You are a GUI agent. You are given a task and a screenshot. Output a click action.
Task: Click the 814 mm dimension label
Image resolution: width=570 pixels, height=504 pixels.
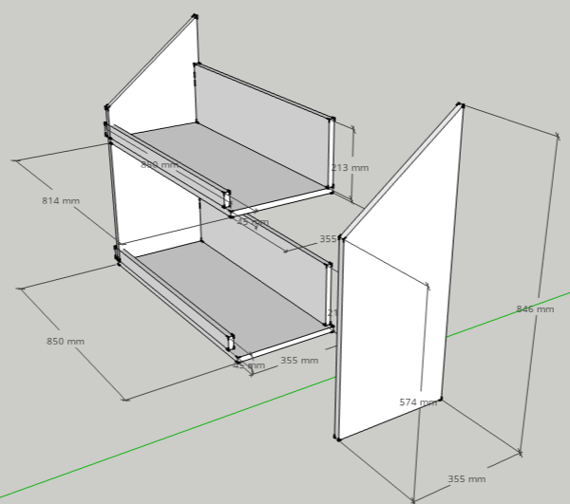click(61, 201)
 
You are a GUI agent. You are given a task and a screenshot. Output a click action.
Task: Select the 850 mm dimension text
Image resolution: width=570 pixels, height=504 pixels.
click(66, 342)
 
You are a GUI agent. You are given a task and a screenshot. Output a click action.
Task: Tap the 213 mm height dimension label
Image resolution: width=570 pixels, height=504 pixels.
click(351, 168)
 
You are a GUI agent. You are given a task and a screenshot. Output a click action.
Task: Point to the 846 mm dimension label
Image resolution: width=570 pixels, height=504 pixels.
click(535, 309)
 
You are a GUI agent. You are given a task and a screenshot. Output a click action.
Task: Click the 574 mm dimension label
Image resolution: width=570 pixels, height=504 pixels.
click(419, 402)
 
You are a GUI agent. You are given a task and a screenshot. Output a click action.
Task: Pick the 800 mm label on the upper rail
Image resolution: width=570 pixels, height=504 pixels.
click(159, 165)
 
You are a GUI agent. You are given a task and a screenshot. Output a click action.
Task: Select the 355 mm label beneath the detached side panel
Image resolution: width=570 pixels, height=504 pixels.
click(466, 479)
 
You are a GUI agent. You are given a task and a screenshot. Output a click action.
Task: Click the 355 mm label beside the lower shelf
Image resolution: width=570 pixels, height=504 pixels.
click(298, 361)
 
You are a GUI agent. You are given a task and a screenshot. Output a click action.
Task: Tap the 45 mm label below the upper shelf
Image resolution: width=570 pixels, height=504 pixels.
click(252, 222)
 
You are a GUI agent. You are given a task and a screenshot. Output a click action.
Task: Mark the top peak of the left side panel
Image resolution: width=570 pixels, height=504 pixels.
click(195, 16)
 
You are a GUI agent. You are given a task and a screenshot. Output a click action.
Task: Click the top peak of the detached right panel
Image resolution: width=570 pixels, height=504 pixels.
click(461, 104)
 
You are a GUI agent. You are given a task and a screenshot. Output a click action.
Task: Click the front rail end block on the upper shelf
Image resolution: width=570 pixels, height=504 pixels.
click(227, 198)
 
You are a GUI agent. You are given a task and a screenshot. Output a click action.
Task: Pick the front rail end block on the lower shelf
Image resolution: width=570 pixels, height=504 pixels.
click(231, 342)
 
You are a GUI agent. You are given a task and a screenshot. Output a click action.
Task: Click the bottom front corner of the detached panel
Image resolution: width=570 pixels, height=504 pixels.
click(337, 439)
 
